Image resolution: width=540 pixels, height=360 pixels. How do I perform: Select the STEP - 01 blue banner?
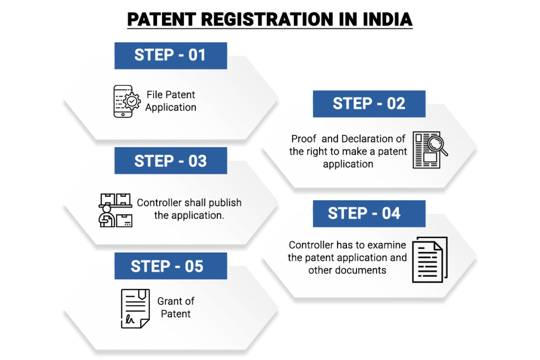point(170,55)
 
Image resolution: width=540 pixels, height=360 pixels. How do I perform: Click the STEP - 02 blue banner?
point(369,103)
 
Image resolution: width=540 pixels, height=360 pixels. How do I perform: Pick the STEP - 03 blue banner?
point(170,161)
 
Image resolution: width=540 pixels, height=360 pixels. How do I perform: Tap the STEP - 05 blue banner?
point(167,266)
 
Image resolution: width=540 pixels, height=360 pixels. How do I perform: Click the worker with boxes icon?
point(115,210)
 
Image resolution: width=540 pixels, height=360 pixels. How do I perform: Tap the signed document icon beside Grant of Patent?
point(135,307)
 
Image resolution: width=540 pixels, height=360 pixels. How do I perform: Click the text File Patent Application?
point(171,101)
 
